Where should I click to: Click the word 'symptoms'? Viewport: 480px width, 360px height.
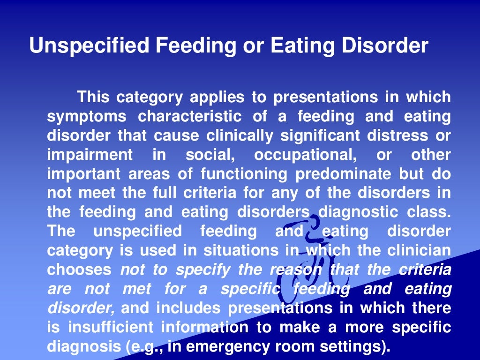click(87, 117)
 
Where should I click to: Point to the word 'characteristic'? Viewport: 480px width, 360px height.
click(190, 117)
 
